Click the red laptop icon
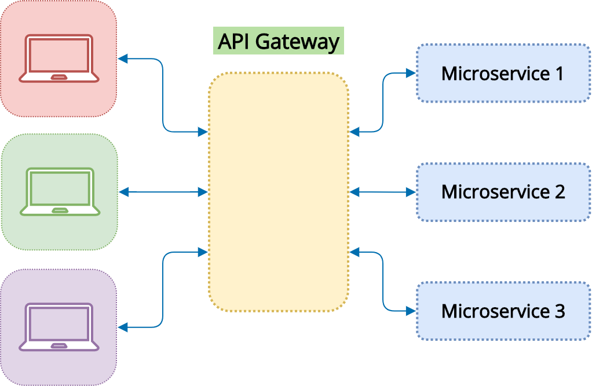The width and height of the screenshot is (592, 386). point(59,59)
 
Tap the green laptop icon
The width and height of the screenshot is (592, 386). point(60,192)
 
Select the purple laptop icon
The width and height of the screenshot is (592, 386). point(59,327)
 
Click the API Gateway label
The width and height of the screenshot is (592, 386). point(279,41)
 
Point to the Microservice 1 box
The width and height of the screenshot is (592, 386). point(503,73)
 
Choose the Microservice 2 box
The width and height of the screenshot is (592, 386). point(503,192)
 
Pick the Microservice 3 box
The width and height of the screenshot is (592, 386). point(503,311)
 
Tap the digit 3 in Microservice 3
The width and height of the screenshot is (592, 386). point(560,311)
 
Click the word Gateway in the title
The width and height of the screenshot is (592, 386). point(298,42)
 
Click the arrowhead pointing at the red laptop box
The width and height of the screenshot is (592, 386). point(123,59)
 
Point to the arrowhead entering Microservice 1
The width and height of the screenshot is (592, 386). point(411,73)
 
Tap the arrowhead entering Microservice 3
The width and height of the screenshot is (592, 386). point(411,311)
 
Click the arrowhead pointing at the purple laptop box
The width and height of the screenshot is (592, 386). point(123,327)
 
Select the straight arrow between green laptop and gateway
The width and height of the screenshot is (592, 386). point(163,192)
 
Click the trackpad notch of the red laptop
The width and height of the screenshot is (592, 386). point(59,78)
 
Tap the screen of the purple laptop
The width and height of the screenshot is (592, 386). point(59,323)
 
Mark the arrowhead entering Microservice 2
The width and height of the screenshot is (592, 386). point(411,192)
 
